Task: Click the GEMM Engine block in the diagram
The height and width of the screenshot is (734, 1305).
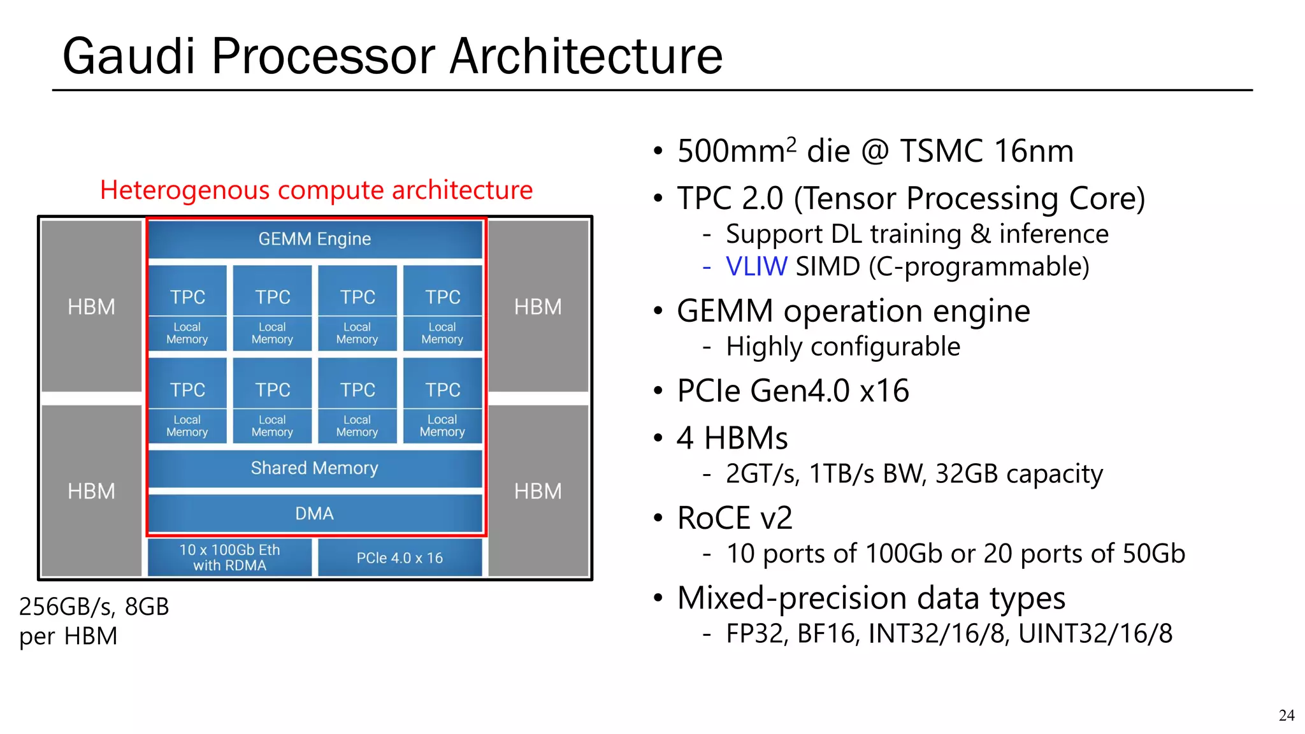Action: [x=315, y=239]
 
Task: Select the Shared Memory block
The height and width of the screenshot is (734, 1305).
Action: [x=315, y=468]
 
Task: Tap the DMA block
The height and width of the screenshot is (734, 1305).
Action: [x=315, y=514]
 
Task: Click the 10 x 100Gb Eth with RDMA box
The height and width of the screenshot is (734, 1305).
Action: [x=229, y=558]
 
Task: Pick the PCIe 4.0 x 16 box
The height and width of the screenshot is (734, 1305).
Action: [x=400, y=558]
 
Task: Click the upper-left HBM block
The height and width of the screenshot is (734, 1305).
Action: [x=92, y=306]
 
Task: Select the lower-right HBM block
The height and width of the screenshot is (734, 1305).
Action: [x=538, y=491]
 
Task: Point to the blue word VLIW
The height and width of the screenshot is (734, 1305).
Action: [x=756, y=266]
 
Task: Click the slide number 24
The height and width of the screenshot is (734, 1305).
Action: [x=1286, y=716]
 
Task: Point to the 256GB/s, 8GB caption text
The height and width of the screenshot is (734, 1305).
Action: [x=94, y=607]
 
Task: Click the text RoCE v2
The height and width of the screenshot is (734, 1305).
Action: [x=735, y=518]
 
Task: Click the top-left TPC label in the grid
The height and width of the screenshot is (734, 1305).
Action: [x=187, y=297]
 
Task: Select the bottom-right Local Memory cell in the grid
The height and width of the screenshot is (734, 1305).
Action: [x=442, y=426]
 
